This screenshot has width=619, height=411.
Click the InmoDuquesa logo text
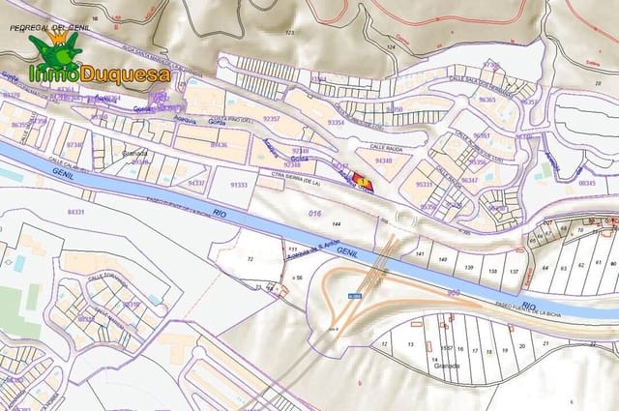click(101, 73)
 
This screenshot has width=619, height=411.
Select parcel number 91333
click(238, 185)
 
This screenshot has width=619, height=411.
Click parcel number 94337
click(197, 182)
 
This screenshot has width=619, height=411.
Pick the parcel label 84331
click(75, 212)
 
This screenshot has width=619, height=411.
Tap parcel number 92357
click(271, 119)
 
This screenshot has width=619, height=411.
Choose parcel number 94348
click(384, 161)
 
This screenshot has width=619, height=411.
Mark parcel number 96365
click(486, 100)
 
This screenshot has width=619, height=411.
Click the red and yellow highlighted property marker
click(362, 181)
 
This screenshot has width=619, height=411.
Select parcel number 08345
click(586, 182)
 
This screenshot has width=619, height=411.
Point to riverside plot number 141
click(419, 253)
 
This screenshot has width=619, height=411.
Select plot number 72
click(251, 261)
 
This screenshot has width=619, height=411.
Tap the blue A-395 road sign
click(355, 296)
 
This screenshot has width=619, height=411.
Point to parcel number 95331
click(424, 184)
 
